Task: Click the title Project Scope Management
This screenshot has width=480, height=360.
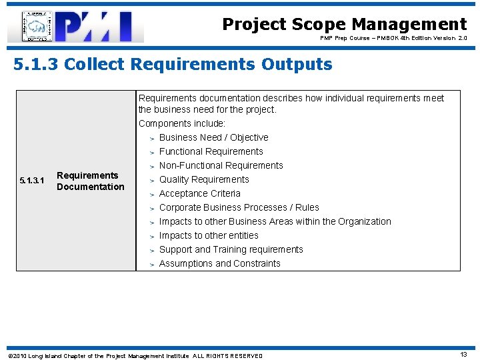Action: pos(344,25)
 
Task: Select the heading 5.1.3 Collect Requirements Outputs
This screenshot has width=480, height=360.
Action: pos(173,65)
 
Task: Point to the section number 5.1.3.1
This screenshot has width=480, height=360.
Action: pos(32,181)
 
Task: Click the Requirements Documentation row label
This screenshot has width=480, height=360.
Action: pos(90,181)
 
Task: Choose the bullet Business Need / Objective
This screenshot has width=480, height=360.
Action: pos(213,137)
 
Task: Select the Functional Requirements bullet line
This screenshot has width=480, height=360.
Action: pos(211,151)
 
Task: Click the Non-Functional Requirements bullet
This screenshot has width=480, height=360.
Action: pos(221,165)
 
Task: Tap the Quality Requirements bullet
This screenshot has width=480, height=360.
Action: pos(204,179)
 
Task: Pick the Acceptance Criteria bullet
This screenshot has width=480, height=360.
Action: pos(199,193)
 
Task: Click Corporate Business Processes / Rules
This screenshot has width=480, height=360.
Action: pos(239,207)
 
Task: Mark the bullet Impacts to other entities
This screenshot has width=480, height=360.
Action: pos(209,235)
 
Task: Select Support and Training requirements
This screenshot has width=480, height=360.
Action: pos(231,249)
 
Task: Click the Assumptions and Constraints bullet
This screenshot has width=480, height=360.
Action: pos(219,263)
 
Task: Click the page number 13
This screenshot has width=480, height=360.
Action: pos(463,355)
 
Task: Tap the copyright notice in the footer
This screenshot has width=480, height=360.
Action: pos(135,355)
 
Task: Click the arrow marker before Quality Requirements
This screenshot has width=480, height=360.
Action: pos(152,180)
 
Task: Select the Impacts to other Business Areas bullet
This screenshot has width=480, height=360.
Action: pos(275,221)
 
